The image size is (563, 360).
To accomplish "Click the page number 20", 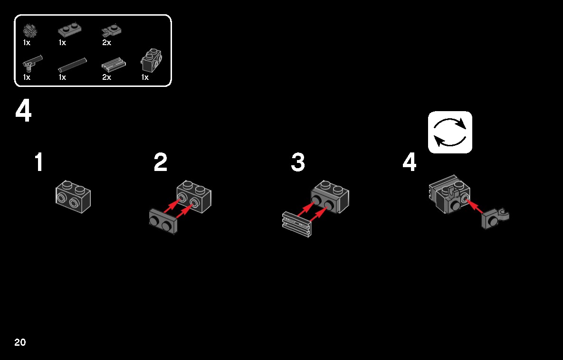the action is pyautogui.click(x=20, y=342).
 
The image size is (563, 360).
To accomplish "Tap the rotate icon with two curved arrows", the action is pyautogui.click(x=450, y=132).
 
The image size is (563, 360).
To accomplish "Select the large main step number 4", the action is pyautogui.click(x=23, y=111).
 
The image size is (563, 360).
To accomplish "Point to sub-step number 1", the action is pyautogui.click(x=39, y=162).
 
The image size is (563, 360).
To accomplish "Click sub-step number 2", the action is pyautogui.click(x=161, y=162).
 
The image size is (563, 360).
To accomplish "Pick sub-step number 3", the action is pyautogui.click(x=298, y=162).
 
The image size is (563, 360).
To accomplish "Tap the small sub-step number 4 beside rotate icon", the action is pyautogui.click(x=410, y=162).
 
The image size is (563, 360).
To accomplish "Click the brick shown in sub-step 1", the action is pyautogui.click(x=73, y=197).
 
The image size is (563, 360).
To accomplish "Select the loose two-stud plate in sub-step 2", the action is pyautogui.click(x=163, y=221).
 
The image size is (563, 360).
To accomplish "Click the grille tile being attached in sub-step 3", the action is pyautogui.click(x=297, y=225).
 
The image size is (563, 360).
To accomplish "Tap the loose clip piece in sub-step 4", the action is pyautogui.click(x=495, y=218).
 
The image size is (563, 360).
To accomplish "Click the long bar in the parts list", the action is pyautogui.click(x=72, y=66).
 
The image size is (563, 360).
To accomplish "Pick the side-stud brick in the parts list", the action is pyautogui.click(x=151, y=61).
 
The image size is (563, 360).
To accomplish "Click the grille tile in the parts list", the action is pyautogui.click(x=114, y=65).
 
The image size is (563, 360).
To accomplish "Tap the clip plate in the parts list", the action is pyautogui.click(x=111, y=31).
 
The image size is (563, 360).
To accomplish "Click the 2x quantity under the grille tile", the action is pyautogui.click(x=106, y=77).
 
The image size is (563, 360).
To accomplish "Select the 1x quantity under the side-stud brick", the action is pyautogui.click(x=145, y=77).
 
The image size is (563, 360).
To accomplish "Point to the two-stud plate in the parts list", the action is pyautogui.click(x=69, y=30).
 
